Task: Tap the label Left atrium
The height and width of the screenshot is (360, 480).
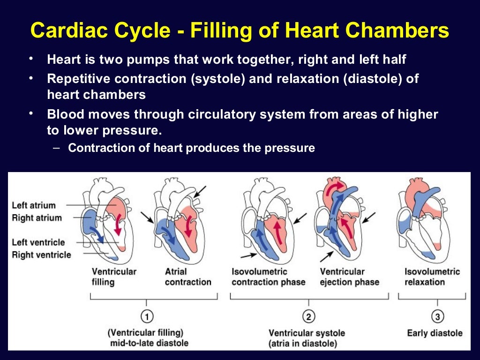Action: [34, 205]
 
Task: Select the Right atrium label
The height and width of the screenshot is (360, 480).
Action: [37, 218]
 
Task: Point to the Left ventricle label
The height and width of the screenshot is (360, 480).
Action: [38, 242]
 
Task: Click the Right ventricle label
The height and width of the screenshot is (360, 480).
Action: [41, 255]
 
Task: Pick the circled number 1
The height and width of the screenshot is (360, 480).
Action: [147, 317]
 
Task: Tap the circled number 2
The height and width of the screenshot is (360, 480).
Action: [308, 317]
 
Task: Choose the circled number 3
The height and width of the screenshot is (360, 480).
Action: [437, 317]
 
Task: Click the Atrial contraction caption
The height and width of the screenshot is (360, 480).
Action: [188, 277]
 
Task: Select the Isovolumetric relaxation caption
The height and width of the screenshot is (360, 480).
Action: [432, 277]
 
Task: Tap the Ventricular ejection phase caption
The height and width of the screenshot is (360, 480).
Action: [349, 277]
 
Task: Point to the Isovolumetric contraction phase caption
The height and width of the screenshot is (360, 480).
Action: [268, 277]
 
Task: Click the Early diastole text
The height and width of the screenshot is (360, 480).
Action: [435, 333]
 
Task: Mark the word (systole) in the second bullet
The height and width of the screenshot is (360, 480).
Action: [217, 78]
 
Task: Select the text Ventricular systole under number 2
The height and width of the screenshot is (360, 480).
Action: [307, 333]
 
